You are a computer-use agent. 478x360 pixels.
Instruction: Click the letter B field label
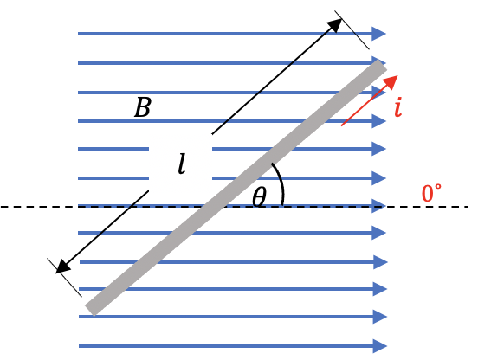tap(143, 107)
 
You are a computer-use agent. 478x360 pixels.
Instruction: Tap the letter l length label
tap(182, 164)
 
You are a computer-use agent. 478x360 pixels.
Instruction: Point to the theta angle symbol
tap(260, 196)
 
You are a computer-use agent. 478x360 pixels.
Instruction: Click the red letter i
tap(398, 107)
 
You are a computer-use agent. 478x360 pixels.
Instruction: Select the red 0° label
tap(431, 193)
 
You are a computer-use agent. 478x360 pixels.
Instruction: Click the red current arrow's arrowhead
tap(391, 81)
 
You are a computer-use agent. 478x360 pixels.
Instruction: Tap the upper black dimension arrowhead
tap(334, 25)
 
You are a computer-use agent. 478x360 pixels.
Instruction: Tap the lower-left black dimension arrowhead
tap(63, 267)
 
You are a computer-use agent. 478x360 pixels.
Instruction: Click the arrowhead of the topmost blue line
tap(379, 34)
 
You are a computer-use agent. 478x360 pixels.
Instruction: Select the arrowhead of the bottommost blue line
tap(380, 346)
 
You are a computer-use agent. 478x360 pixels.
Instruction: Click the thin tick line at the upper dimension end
tap(352, 29)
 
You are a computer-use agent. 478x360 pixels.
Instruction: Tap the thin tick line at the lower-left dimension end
tap(64, 278)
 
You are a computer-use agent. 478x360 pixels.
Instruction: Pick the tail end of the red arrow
tap(342, 125)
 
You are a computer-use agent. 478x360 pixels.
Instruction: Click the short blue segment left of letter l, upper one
tap(113, 149)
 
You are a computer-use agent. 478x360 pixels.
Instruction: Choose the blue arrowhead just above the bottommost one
tap(380, 317)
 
